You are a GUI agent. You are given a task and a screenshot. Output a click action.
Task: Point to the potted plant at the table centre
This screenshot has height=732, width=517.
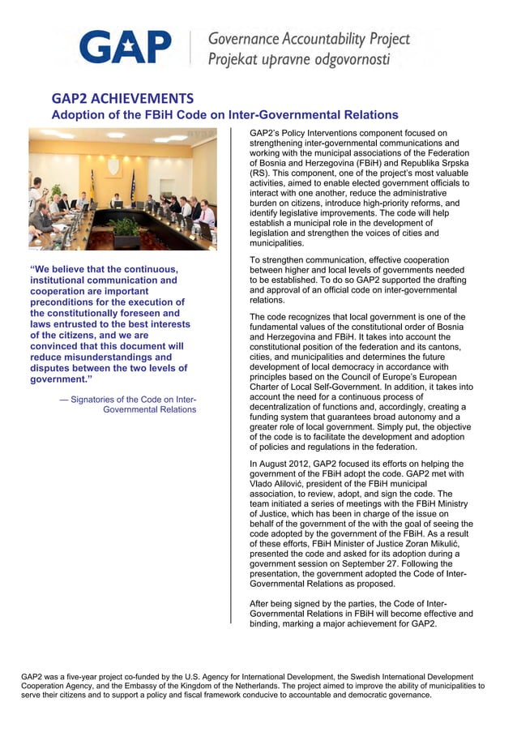pos(126,229)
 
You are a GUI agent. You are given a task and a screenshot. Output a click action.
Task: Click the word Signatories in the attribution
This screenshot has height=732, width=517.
pos(98,399)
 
